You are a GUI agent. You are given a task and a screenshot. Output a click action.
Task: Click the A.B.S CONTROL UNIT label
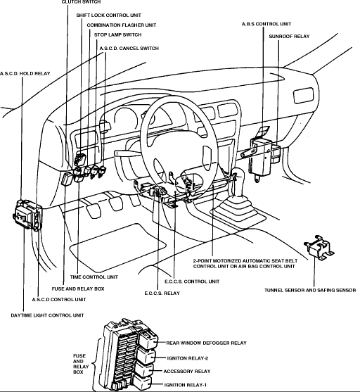click(x=266, y=24)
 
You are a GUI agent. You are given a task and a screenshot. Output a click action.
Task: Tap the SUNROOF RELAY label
click(x=289, y=37)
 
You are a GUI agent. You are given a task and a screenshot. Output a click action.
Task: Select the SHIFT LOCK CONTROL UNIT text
click(x=109, y=15)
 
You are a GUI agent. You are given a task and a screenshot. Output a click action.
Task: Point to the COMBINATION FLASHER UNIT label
click(x=122, y=25)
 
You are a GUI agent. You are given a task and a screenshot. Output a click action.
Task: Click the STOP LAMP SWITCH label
click(x=117, y=34)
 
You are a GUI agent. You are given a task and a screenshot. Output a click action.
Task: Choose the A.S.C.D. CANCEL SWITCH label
click(x=129, y=49)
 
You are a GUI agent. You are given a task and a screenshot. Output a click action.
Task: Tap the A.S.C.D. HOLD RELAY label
click(x=25, y=73)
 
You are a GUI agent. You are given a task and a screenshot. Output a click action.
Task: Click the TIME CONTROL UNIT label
click(x=94, y=277)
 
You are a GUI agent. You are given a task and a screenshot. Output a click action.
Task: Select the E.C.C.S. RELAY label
click(x=162, y=293)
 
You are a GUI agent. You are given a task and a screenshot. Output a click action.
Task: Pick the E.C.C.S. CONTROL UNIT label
click(x=192, y=282)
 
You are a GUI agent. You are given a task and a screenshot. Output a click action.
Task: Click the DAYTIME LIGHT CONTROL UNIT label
click(x=47, y=315)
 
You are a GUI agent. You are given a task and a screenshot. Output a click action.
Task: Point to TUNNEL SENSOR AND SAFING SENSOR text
click(x=310, y=290)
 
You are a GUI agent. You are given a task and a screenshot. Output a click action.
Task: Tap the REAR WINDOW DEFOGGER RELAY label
click(x=206, y=343)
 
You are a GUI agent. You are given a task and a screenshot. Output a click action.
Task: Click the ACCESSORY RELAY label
click(x=187, y=372)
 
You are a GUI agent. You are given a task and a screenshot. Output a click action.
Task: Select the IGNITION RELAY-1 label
click(x=186, y=385)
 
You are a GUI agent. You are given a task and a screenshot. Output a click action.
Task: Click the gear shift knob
click(x=238, y=175)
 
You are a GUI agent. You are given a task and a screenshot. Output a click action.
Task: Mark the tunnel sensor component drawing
click(x=319, y=248)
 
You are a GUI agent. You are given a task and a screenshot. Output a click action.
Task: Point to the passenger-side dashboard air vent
click(x=303, y=96)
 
